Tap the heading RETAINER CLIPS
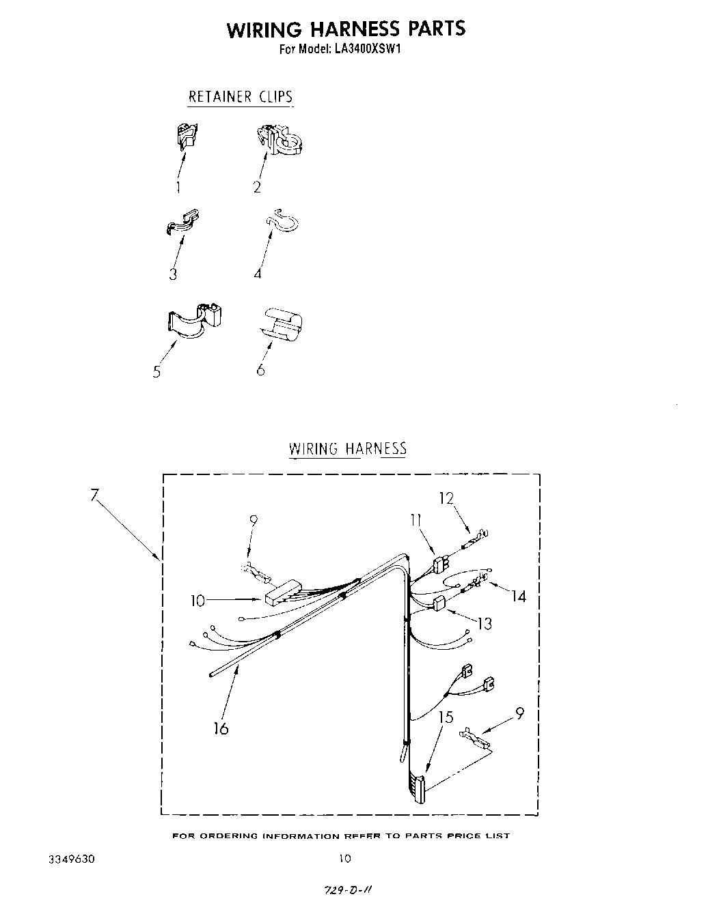click(x=241, y=96)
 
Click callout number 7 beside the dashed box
click(x=95, y=495)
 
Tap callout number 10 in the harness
click(x=198, y=601)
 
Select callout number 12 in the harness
click(x=446, y=498)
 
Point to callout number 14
click(x=519, y=596)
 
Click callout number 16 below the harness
click(x=220, y=728)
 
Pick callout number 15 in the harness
click(x=446, y=717)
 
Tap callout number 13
click(x=485, y=623)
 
